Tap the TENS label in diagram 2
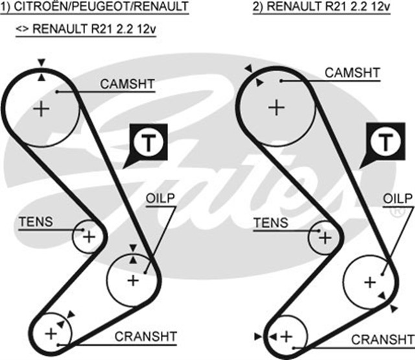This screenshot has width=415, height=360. [270, 222]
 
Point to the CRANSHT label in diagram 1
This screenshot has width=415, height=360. [145, 336]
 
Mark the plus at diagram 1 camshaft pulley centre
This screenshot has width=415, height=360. [42, 108]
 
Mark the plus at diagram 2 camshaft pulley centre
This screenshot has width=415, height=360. [277, 106]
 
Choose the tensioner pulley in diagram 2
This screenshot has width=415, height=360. [324, 237]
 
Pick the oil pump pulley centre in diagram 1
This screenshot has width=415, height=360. [133, 280]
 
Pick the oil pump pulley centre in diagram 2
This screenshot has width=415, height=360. [369, 282]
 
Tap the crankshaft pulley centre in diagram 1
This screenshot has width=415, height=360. [51, 333]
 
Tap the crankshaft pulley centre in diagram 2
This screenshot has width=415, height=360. [285, 335]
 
